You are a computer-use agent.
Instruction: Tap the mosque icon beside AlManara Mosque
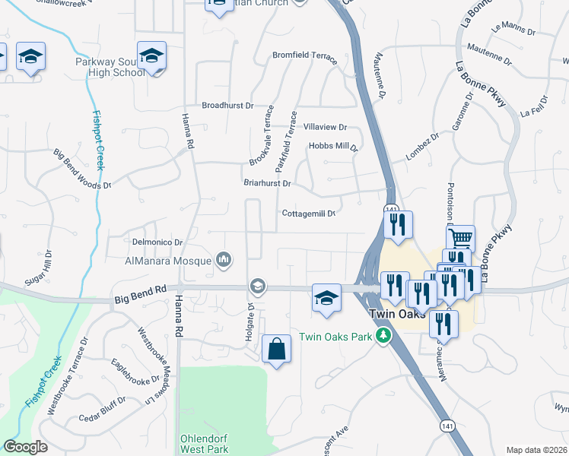pos(223,260)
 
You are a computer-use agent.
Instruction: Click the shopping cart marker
pos(459,239)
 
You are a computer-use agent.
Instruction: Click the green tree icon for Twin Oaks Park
pos(386,336)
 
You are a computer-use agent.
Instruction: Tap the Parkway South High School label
pos(110,67)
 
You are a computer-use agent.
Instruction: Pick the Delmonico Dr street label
pos(156,243)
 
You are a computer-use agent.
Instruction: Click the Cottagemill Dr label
pos(309,214)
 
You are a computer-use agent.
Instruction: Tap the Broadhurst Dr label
pos(227,106)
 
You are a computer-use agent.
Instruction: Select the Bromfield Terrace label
pos(304,55)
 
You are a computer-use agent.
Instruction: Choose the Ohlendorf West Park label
pos(205,444)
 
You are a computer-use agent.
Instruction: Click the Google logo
pos(25,446)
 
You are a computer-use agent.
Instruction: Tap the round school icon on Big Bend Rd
pos(257,286)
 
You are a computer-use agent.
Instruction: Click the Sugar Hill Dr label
pos(39,268)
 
